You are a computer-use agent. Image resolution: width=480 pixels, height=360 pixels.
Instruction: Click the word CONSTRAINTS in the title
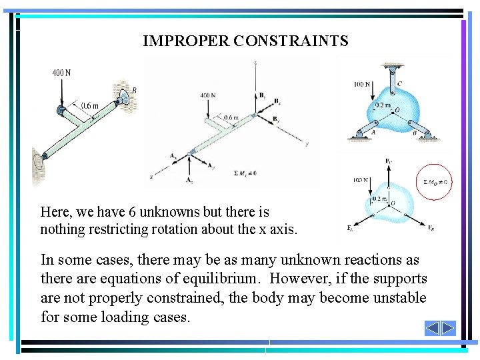tap(291, 41)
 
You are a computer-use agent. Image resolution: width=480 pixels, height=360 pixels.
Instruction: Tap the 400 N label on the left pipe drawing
tap(61, 73)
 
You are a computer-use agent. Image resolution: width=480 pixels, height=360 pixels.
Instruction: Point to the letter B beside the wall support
tap(134, 91)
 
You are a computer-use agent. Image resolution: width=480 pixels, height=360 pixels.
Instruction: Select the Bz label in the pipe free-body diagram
tap(263, 95)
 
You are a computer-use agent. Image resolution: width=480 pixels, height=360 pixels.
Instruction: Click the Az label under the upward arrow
tap(190, 180)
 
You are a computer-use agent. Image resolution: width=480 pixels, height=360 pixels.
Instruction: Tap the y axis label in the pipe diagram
tap(306, 143)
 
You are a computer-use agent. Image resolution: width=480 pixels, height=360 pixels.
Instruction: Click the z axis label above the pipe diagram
tap(256, 62)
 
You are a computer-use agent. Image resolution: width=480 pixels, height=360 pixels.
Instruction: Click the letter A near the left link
tap(373, 132)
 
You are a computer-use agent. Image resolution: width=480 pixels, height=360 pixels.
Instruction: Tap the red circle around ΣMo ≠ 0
tap(434, 181)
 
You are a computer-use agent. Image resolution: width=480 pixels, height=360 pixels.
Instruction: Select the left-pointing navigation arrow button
tap(432, 328)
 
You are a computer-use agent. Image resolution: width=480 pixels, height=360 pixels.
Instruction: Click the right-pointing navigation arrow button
tap(447, 328)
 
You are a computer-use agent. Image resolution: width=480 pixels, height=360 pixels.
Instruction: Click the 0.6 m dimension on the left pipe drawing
tap(90, 105)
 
